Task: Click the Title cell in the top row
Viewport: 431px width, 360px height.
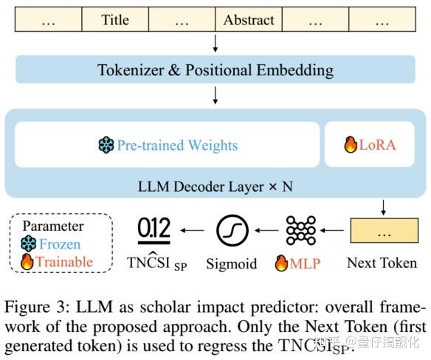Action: (x=114, y=20)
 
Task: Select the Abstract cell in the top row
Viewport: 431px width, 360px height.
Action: (x=249, y=20)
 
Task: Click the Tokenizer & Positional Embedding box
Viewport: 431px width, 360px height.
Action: (x=215, y=71)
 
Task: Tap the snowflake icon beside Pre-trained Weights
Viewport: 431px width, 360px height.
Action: (x=107, y=145)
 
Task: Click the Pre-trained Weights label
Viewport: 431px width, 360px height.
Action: (x=177, y=145)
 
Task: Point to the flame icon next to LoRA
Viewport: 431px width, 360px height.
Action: (x=350, y=145)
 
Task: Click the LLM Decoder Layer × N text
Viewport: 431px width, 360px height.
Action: (x=215, y=185)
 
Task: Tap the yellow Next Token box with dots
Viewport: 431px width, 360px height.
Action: (x=381, y=232)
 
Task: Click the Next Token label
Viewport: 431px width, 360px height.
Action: (x=381, y=263)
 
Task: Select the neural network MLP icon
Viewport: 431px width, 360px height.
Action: (x=300, y=232)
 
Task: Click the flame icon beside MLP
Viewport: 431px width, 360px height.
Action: (x=281, y=263)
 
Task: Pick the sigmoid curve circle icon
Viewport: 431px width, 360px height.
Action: (x=232, y=232)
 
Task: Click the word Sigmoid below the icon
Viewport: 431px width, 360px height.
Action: (x=232, y=263)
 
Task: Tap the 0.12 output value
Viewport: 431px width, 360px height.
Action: (x=154, y=230)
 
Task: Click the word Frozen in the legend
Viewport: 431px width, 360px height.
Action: (x=60, y=244)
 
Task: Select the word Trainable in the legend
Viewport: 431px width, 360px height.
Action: (x=66, y=262)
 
